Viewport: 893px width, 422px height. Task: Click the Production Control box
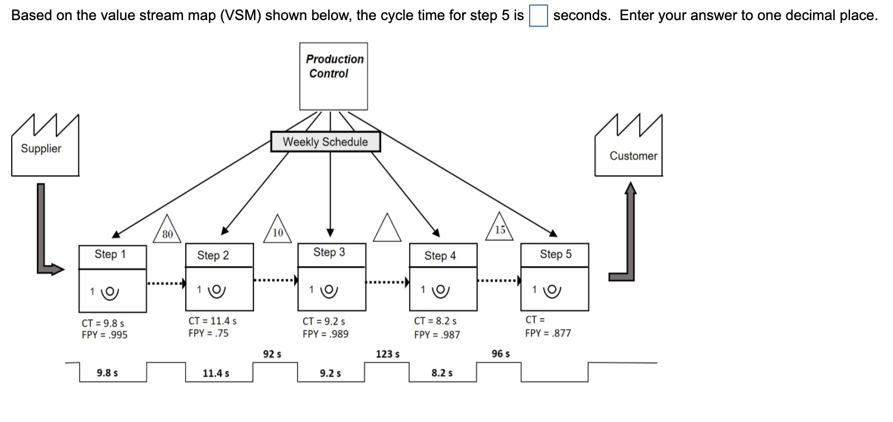(x=333, y=76)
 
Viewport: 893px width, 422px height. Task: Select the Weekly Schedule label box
(x=325, y=142)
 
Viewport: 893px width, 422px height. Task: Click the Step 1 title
(x=111, y=255)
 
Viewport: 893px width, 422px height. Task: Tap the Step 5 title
(x=555, y=255)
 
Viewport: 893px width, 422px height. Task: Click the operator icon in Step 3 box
(x=331, y=290)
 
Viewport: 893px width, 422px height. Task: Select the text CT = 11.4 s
(x=213, y=321)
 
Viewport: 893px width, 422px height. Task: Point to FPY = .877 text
(x=548, y=333)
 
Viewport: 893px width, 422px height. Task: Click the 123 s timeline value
(x=388, y=354)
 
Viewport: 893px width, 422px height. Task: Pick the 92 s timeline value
(x=272, y=354)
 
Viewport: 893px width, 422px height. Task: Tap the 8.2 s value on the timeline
(x=442, y=373)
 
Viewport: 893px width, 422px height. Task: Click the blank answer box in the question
(x=538, y=15)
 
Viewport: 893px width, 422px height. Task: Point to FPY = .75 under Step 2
(x=208, y=333)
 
